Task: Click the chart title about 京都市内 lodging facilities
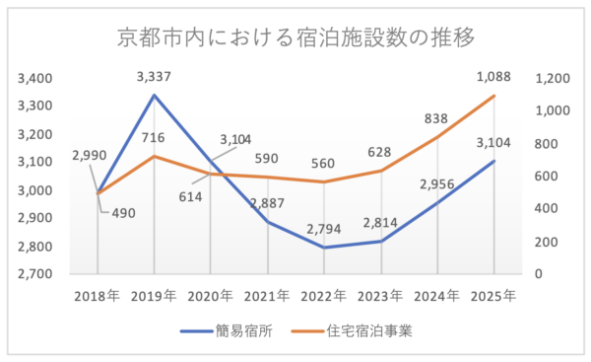pyautogui.click(x=295, y=37)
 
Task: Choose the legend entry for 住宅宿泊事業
pyautogui.click(x=362, y=331)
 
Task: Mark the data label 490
pyautogui.click(x=125, y=212)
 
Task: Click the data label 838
pyautogui.click(x=437, y=118)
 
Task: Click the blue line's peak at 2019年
pyautogui.click(x=154, y=95)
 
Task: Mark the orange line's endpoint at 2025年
pyautogui.click(x=492, y=96)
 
